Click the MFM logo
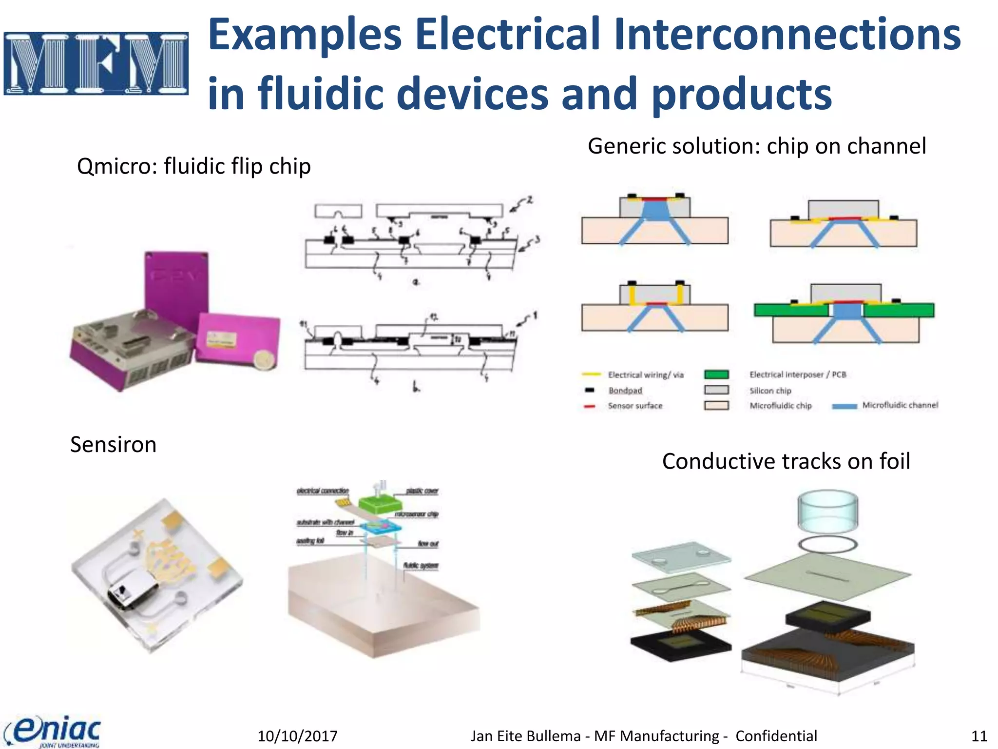tap(96, 63)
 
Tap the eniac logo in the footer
tap(54, 731)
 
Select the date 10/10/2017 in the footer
tap(297, 736)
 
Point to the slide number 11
tap(979, 736)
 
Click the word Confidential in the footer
tap(776, 736)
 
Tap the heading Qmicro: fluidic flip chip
tap(193, 166)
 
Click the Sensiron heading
tap(113, 445)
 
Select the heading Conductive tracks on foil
tap(786, 461)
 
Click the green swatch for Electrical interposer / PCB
tap(716, 374)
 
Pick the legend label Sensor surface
tap(635, 406)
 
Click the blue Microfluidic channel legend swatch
tap(844, 406)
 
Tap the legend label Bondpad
tap(625, 391)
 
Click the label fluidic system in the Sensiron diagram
tap(421, 566)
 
